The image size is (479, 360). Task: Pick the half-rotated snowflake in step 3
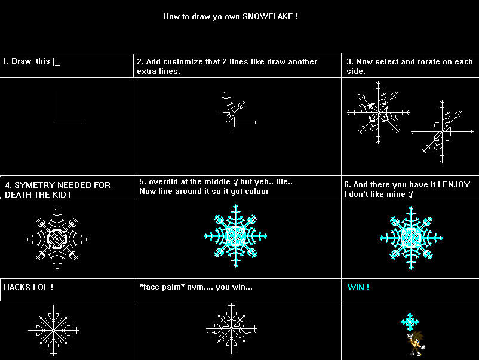(443, 130)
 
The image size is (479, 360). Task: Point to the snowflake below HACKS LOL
(54, 329)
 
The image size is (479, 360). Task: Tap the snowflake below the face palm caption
(232, 329)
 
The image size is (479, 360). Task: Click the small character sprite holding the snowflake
(416, 344)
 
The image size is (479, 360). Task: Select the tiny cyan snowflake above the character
(410, 322)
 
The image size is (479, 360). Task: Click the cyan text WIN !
(358, 287)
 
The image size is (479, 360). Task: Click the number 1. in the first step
(5, 61)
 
